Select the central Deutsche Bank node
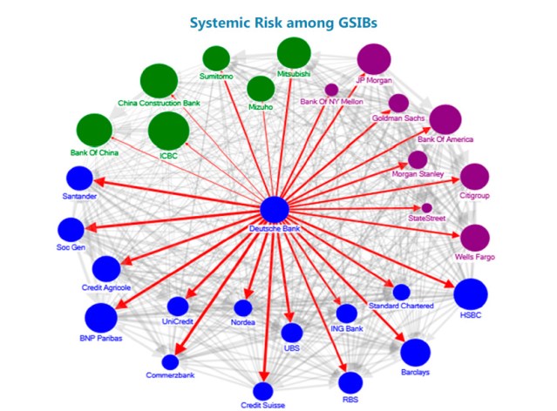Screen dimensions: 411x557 tap(275, 210)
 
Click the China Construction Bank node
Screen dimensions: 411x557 tap(159, 81)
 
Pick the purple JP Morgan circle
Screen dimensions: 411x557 tap(375, 60)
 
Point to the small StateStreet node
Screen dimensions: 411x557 tap(426, 207)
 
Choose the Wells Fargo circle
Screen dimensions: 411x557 tap(474, 238)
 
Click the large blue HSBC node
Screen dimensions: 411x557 tap(471, 293)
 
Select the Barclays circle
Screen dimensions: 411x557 tap(416, 352)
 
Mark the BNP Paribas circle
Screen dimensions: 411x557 tap(100, 317)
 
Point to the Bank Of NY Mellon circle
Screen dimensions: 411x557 tap(331, 89)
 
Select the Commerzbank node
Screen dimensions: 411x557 tap(170, 361)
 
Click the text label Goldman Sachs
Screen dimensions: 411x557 tap(397, 117)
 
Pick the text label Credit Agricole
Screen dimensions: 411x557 tap(106, 286)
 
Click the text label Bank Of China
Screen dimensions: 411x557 tap(94, 153)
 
